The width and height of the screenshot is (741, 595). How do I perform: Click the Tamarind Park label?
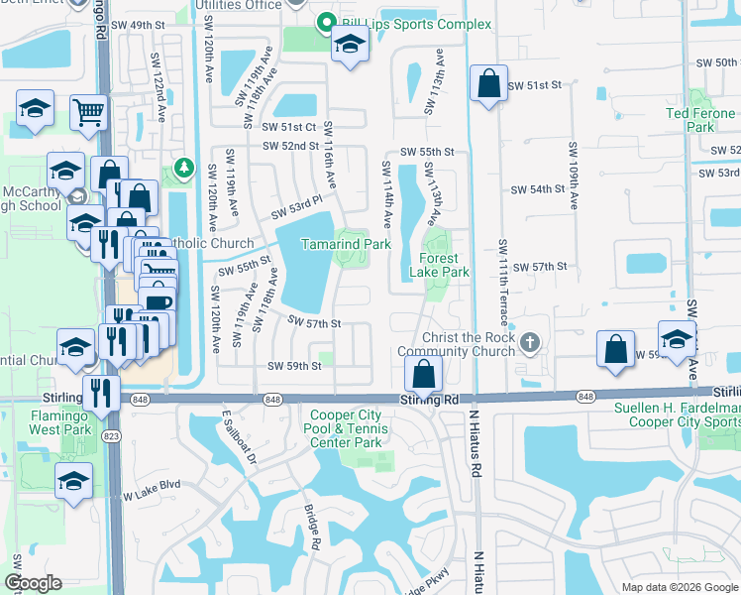(346, 243)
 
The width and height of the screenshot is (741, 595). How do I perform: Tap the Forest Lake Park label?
(437, 265)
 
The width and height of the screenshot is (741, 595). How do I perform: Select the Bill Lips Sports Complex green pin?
(324, 23)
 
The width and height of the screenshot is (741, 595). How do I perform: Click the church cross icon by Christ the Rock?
(530, 343)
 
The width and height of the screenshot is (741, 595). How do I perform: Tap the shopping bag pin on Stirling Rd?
(423, 375)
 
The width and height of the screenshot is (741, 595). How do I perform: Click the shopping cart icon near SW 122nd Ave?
(88, 113)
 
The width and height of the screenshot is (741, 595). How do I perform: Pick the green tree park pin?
(182, 169)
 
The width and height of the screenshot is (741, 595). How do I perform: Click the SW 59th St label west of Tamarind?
(294, 366)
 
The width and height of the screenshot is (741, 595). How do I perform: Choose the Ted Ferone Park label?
(700, 120)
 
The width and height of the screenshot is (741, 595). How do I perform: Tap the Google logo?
(33, 582)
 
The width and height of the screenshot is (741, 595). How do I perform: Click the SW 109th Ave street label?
(573, 175)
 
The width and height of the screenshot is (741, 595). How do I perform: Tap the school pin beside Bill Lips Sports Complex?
(349, 45)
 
